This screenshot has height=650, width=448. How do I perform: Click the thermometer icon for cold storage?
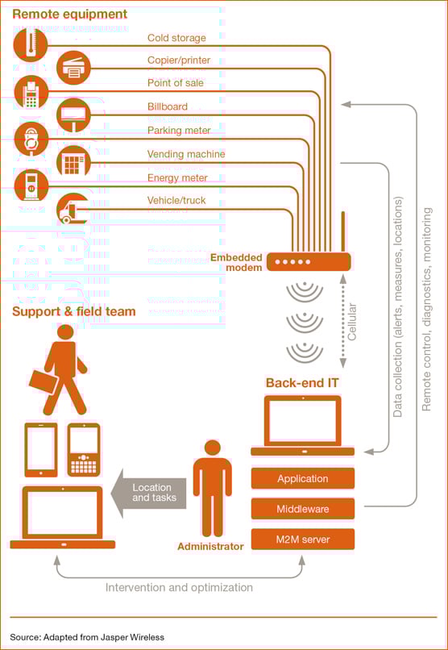pyautogui.click(x=31, y=44)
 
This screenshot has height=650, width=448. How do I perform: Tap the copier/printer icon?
pyautogui.click(x=73, y=68)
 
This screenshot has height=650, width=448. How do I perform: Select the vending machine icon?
pyautogui.click(x=73, y=162)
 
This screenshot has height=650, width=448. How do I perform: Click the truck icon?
pyautogui.click(x=73, y=209)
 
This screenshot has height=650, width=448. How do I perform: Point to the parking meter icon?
pyautogui.click(x=31, y=139)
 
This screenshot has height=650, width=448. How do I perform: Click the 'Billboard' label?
pyautogui.click(x=167, y=106)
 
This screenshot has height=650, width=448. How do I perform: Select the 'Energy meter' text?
pyautogui.click(x=177, y=177)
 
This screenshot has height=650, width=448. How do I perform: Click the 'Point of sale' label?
pyautogui.click(x=175, y=83)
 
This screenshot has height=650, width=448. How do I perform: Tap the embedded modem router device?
pyautogui.click(x=309, y=261)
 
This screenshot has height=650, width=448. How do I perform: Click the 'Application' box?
pyautogui.click(x=302, y=479)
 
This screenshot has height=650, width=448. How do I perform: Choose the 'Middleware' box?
pyautogui.click(x=302, y=509)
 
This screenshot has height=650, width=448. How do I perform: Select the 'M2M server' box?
pyautogui.click(x=302, y=539)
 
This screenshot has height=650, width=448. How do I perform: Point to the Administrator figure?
pyautogui.click(x=212, y=488)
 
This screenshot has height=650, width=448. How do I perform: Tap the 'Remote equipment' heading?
pyautogui.click(x=69, y=15)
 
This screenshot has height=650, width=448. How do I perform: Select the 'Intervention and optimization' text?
pyautogui.click(x=179, y=587)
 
